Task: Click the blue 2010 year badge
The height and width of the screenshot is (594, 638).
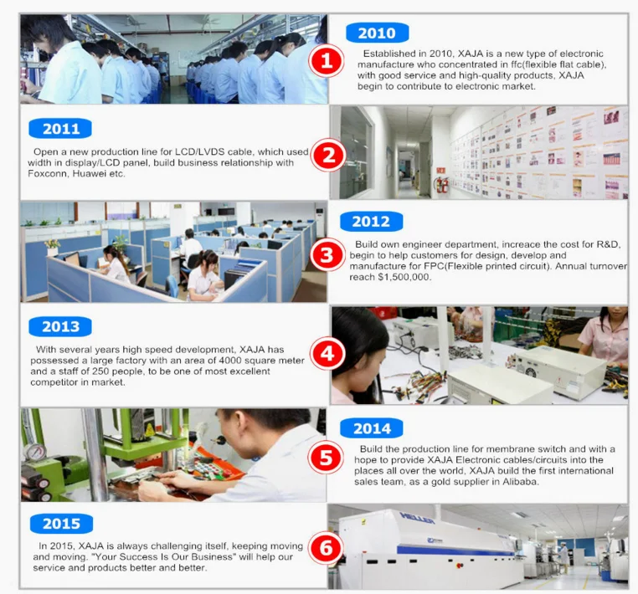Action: (x=377, y=33)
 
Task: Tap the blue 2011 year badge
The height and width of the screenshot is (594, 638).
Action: (x=60, y=129)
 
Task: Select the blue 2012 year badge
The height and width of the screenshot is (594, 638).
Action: (x=371, y=222)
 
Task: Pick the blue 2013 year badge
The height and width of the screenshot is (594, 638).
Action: (x=60, y=326)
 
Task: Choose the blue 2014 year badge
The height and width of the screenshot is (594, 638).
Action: (x=372, y=428)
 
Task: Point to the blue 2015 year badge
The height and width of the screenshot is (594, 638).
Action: (x=61, y=523)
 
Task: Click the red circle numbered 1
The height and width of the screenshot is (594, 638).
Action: (x=327, y=61)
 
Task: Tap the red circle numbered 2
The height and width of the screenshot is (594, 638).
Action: (x=328, y=156)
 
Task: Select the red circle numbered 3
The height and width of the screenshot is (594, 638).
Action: (x=327, y=256)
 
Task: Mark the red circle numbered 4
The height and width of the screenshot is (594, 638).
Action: (x=327, y=354)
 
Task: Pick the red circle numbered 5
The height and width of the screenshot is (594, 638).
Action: (x=327, y=458)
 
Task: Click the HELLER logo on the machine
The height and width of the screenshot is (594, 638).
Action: (x=417, y=519)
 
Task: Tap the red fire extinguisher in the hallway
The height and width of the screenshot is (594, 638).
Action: (x=444, y=185)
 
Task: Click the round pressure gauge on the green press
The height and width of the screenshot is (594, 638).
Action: (x=33, y=452)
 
